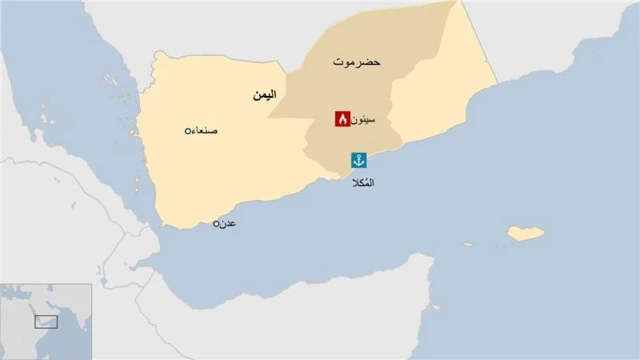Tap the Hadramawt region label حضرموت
(359, 63)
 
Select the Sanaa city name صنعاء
(208, 131)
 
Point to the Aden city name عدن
(229, 224)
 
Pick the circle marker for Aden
(216, 224)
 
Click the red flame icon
(342, 119)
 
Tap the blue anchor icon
(358, 160)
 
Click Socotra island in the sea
(526, 233)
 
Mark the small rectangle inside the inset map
(46, 321)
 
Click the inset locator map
(46, 320)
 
